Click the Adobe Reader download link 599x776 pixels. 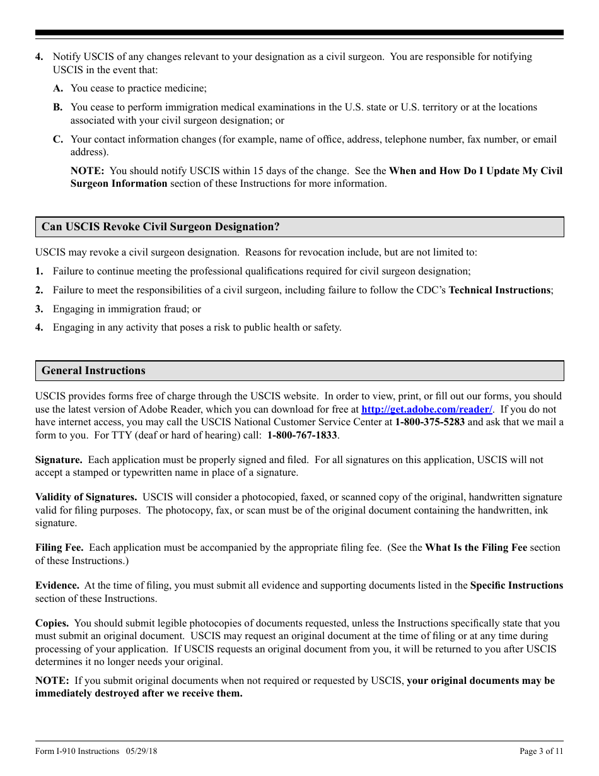(427, 409)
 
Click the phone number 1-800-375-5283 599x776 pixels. (429, 422)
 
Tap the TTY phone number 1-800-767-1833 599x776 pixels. (302, 435)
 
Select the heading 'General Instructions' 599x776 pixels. (93, 371)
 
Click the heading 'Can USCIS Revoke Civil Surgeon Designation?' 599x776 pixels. (160, 227)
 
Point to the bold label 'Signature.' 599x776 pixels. (59, 460)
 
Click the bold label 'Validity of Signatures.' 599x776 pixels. (86, 498)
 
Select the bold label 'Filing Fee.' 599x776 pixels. (59, 548)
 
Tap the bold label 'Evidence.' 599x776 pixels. (57, 585)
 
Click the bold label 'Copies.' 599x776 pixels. (52, 623)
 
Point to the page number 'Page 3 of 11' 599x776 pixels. (541, 751)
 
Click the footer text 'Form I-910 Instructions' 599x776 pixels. (77, 751)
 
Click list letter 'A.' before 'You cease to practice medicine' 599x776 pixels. (58, 88)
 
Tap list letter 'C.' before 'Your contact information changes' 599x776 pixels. (58, 139)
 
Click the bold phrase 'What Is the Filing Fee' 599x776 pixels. (476, 548)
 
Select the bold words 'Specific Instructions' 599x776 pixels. (516, 585)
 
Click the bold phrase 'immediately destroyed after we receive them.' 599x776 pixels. (139, 693)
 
